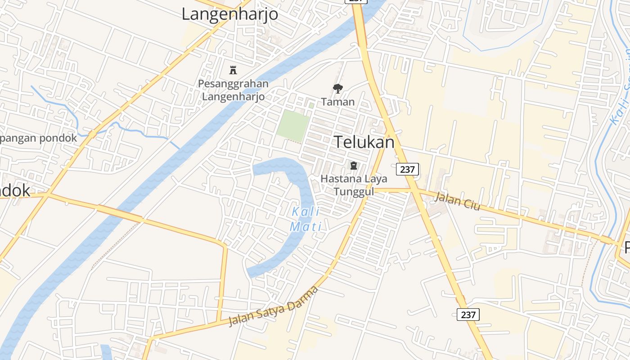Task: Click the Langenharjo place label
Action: [229, 14]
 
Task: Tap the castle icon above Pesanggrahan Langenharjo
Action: [233, 70]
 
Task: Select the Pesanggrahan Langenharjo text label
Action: [233, 90]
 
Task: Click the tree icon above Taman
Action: [337, 88]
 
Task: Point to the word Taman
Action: [337, 102]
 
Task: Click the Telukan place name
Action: [364, 142]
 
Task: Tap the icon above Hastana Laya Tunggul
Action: [354, 166]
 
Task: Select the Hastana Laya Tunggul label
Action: [354, 185]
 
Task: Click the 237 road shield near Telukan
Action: [407, 169]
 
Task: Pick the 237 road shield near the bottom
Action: [468, 315]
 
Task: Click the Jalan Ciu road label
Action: [458, 201]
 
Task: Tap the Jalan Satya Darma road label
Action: [273, 306]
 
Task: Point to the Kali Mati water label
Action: [306, 219]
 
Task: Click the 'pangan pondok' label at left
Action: [39, 138]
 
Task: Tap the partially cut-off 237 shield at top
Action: [356, 1]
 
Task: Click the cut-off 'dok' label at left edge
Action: [15, 190]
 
